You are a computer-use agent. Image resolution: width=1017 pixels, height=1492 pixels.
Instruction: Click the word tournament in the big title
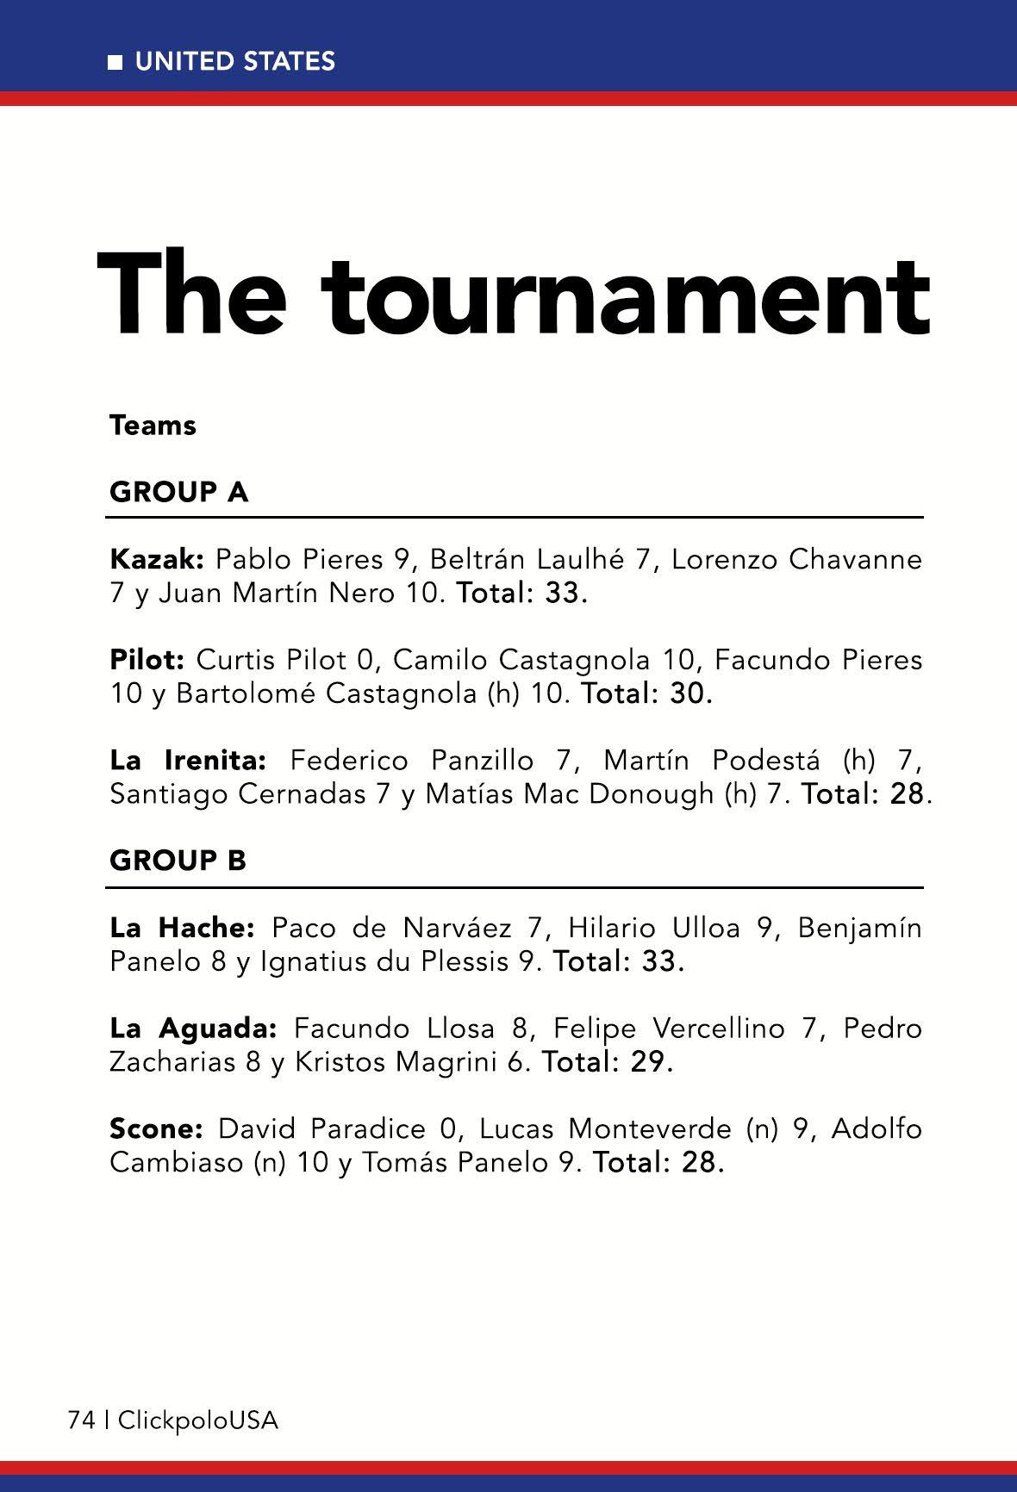click(x=629, y=295)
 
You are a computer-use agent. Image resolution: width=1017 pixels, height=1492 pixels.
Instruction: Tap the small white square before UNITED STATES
click(x=115, y=62)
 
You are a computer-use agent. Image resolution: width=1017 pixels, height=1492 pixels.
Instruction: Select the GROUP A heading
click(x=179, y=492)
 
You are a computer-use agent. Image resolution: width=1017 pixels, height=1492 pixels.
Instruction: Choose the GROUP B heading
click(x=178, y=860)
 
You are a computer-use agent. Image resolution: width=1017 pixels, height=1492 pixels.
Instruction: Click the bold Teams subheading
click(x=153, y=426)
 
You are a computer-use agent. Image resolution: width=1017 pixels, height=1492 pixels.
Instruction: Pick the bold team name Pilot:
click(x=147, y=660)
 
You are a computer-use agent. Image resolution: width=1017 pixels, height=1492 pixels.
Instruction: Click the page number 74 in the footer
click(x=81, y=1421)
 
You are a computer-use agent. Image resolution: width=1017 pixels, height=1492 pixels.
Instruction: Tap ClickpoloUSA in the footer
click(x=198, y=1421)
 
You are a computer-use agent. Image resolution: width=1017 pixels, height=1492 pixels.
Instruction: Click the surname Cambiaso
click(x=177, y=1163)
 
